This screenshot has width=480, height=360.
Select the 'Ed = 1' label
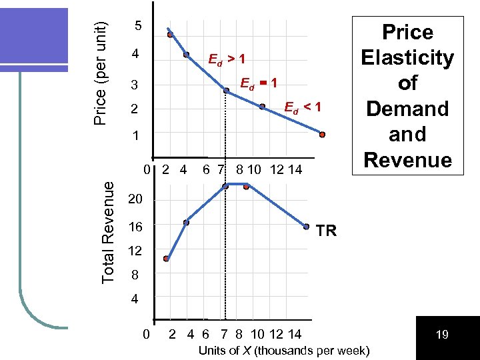(x=258, y=83)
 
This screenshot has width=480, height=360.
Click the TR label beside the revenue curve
(x=326, y=231)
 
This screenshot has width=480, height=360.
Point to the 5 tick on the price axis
(x=137, y=27)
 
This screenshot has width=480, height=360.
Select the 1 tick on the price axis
(x=137, y=135)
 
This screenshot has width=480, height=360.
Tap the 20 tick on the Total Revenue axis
(x=135, y=200)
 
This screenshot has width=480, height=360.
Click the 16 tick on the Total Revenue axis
(x=135, y=227)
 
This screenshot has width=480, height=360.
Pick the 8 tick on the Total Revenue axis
(x=135, y=274)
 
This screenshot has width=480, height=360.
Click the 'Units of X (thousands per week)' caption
(x=285, y=351)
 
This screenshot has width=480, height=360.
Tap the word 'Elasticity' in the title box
(x=407, y=58)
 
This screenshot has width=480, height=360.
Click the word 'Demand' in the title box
(x=407, y=109)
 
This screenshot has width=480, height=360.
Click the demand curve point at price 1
(x=321, y=135)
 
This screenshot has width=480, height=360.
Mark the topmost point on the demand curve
(x=170, y=35)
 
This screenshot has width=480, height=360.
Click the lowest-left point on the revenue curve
(x=166, y=259)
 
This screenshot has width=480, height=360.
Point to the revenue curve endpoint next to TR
(x=306, y=227)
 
